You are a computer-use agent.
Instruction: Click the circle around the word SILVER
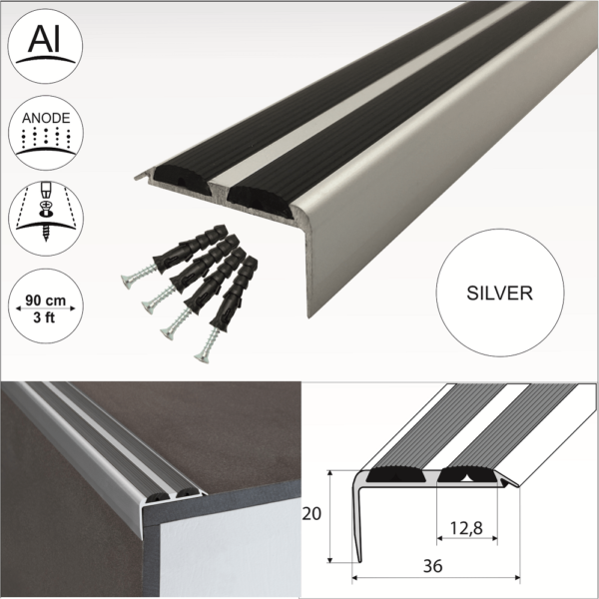[x=500, y=250]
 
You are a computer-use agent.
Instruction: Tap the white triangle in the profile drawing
[x=467, y=477]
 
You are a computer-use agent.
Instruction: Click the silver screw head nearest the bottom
[x=207, y=350]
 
